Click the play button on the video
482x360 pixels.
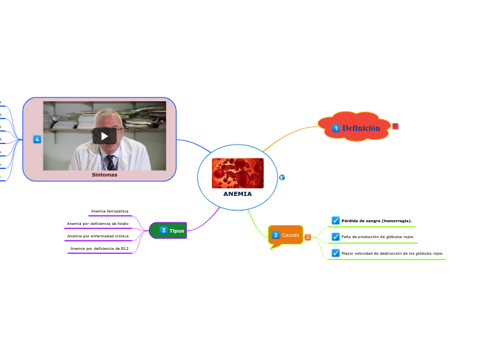tap(105, 136)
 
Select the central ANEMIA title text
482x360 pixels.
tap(238, 194)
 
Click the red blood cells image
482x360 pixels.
tap(238, 173)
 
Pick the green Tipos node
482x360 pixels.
tap(168, 230)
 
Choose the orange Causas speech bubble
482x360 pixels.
tap(286, 235)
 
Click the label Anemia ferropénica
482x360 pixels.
tap(109, 210)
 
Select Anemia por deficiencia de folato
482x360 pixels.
tap(98, 224)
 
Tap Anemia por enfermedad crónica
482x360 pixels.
tap(98, 236)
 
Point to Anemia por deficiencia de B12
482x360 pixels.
tap(100, 248)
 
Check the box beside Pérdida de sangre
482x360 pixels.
tap(336, 221)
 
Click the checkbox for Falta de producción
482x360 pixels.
tap(336, 237)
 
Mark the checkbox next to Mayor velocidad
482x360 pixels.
tap(336, 253)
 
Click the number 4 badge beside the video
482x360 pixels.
tap(37, 139)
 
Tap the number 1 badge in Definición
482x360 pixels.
tap(336, 128)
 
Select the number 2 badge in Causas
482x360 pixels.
tap(276, 235)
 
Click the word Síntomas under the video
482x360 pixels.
tap(105, 175)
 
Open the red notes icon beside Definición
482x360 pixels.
tap(395, 126)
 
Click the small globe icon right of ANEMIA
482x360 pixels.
tap(282, 178)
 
